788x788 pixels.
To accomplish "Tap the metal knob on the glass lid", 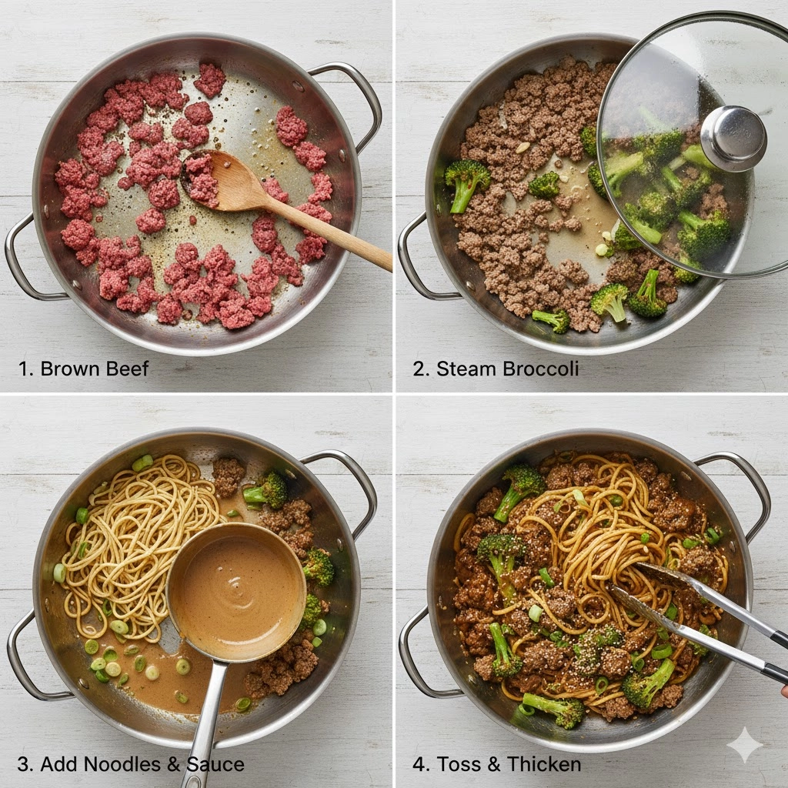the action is (733, 139).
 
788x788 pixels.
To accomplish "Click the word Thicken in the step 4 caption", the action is (544, 764).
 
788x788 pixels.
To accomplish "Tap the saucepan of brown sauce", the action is (237, 591).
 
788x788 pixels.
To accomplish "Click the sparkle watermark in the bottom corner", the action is (745, 745).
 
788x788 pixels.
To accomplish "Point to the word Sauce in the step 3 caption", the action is (215, 764).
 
